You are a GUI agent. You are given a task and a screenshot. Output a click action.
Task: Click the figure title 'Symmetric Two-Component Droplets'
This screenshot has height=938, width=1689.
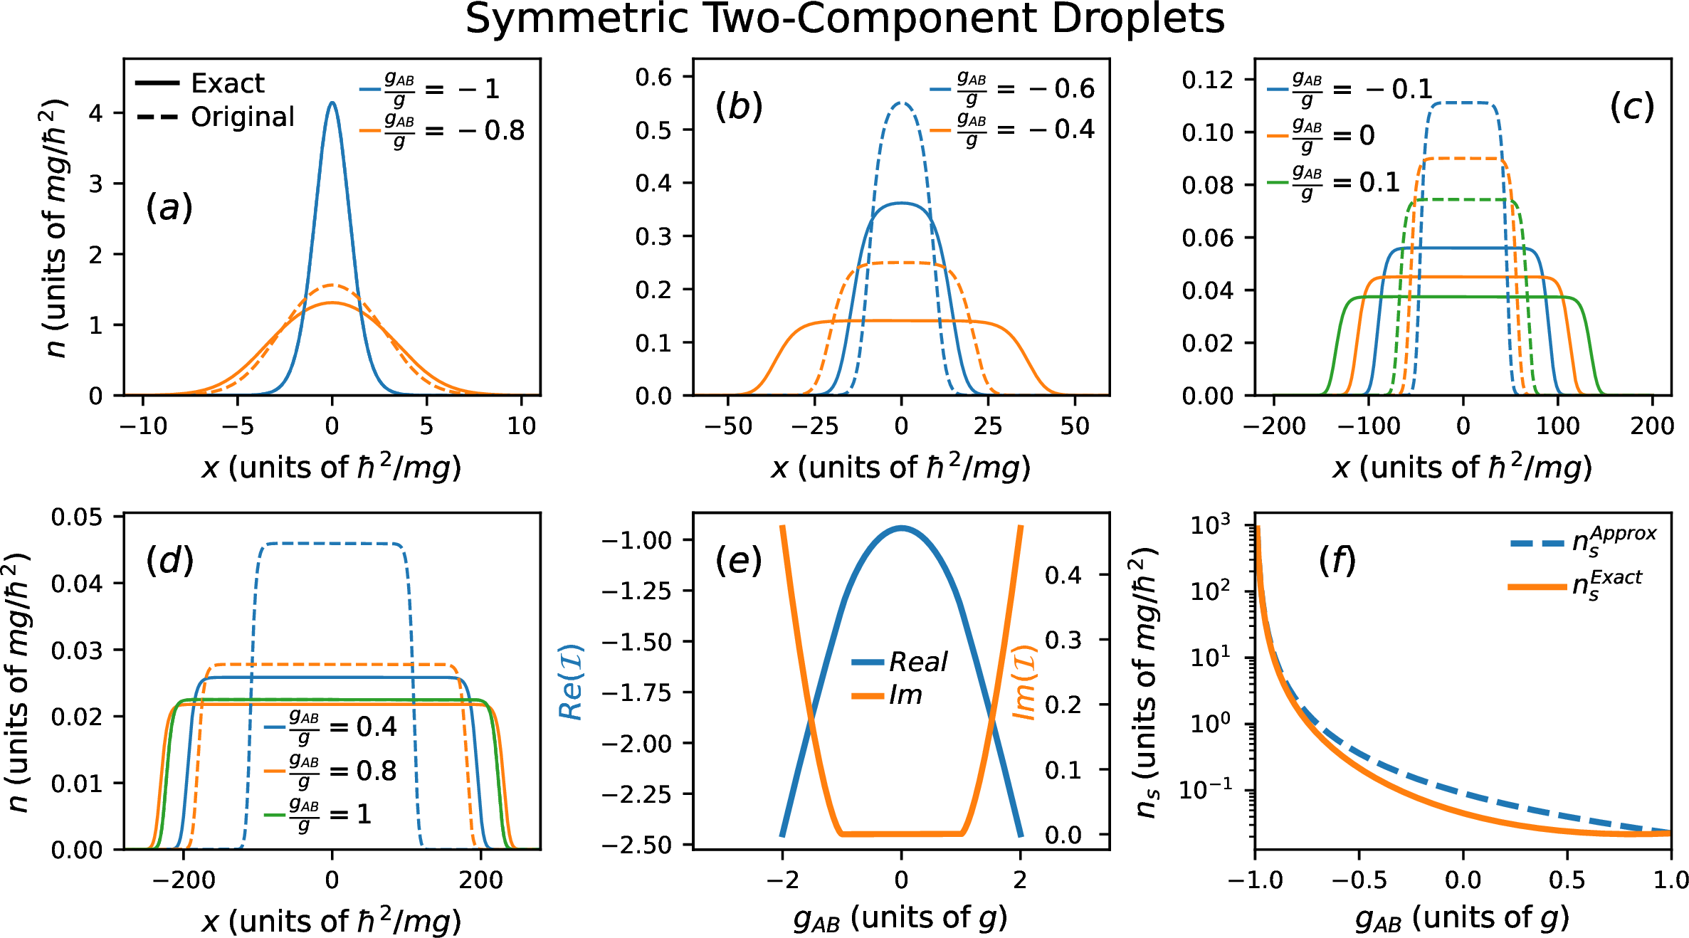844,20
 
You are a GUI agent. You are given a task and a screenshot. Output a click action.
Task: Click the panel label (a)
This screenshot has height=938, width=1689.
169,209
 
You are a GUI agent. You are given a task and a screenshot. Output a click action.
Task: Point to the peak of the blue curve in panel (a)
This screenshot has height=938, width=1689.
332,103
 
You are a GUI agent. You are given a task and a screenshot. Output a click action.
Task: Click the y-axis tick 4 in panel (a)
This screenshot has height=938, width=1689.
95,113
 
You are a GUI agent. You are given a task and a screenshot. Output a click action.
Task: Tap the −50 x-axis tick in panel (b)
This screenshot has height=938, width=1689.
728,426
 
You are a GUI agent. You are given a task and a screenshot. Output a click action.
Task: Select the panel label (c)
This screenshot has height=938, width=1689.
1631,107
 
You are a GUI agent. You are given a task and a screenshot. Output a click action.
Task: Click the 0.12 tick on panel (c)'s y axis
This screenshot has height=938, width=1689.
1207,80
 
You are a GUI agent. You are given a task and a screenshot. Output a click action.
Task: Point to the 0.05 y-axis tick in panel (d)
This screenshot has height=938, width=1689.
76,517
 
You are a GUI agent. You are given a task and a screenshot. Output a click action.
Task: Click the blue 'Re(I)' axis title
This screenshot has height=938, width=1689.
572,683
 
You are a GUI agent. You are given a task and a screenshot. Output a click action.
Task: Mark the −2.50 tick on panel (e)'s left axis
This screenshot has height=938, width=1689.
637,845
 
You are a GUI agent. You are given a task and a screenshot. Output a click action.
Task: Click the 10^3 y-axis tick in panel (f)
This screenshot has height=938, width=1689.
1209,526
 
